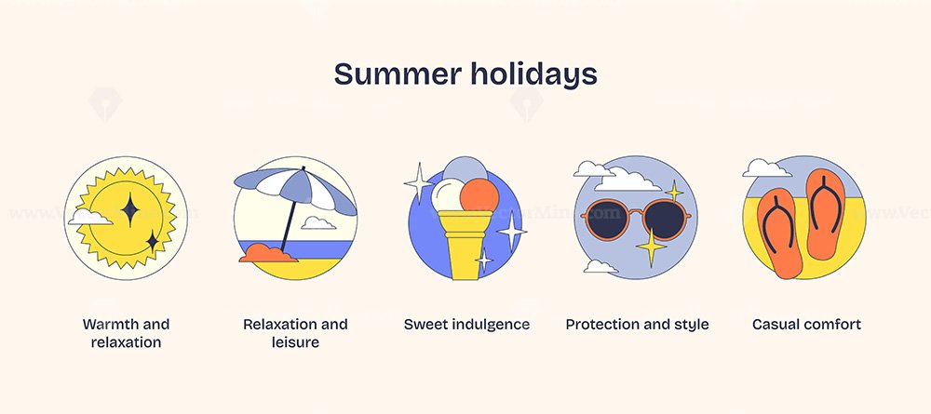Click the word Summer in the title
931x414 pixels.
398,74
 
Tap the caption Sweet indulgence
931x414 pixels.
466,325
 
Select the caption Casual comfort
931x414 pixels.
806,325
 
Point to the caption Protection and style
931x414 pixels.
637,325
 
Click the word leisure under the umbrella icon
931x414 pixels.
295,342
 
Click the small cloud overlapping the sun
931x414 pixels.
90,217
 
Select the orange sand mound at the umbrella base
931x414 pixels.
268,253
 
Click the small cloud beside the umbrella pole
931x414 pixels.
318,223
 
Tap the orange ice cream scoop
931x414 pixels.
479,195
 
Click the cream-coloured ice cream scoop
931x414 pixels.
448,195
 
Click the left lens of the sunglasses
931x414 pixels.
606,220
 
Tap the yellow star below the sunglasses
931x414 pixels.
651,247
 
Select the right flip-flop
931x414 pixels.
826,214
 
